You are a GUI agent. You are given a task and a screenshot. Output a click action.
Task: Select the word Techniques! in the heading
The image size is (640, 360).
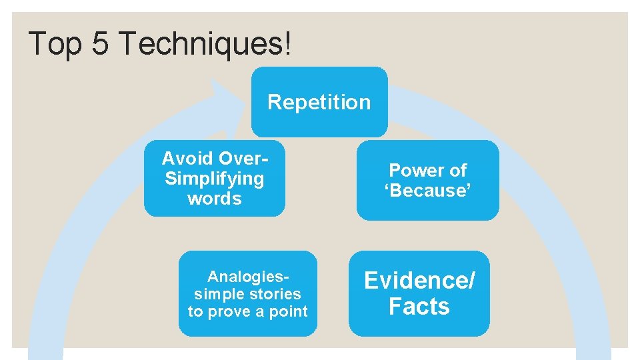(x=204, y=44)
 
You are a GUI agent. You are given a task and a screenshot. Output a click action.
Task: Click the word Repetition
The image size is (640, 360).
(x=319, y=102)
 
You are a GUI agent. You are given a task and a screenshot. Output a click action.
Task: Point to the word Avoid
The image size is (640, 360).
(x=187, y=159)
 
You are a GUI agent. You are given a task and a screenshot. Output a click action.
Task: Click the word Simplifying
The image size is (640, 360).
(x=214, y=179)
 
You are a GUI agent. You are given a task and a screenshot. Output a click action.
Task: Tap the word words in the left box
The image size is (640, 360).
(x=214, y=199)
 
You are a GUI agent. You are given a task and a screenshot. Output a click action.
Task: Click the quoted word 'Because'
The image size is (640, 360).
(x=427, y=191)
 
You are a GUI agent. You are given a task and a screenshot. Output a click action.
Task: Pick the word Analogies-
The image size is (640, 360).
(x=248, y=277)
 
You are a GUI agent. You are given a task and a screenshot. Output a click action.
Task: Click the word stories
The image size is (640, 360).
(x=273, y=294)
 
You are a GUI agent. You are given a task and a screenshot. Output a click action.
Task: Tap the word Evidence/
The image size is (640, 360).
(x=419, y=281)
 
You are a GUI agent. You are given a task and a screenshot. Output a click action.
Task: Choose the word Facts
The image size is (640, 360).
(x=419, y=307)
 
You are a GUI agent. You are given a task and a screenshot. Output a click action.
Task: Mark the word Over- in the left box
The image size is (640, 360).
(x=243, y=159)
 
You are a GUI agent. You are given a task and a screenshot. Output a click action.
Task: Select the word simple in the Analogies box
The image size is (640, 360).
(x=217, y=294)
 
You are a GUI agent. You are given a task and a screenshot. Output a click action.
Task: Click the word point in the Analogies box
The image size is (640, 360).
(x=287, y=311)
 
